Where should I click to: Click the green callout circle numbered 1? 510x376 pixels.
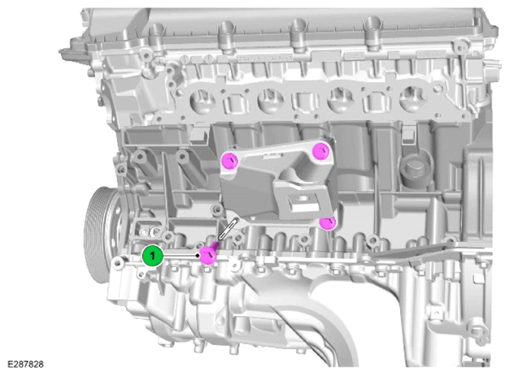[153, 256]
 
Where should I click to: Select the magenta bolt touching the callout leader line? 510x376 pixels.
[208, 255]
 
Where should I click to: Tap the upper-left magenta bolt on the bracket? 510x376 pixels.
[229, 161]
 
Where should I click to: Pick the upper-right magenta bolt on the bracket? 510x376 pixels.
[321, 151]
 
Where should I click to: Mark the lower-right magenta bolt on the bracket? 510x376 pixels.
[327, 223]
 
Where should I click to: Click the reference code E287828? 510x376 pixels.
[25, 365]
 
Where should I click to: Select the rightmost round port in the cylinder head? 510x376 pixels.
[412, 98]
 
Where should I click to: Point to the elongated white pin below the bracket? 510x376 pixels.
[229, 230]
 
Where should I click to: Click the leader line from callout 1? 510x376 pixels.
[181, 256]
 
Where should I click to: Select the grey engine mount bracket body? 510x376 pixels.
[280, 185]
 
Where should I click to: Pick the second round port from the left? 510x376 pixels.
[270, 101]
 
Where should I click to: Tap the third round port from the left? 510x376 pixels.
[341, 99]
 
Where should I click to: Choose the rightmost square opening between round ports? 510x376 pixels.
[377, 102]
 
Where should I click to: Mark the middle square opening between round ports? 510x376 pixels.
[306, 102]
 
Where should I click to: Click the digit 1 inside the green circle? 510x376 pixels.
[153, 256]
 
